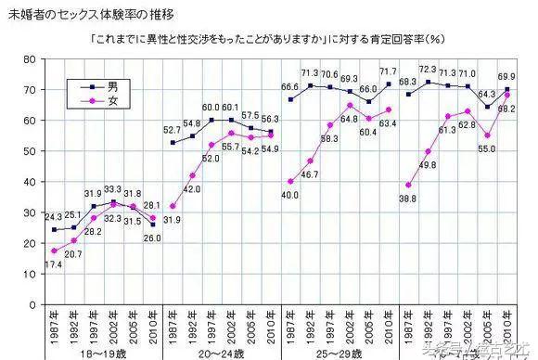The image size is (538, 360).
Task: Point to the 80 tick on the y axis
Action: click(29, 59)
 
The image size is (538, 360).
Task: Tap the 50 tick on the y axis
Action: click(29, 151)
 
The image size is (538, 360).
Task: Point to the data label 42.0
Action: click(193, 188)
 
